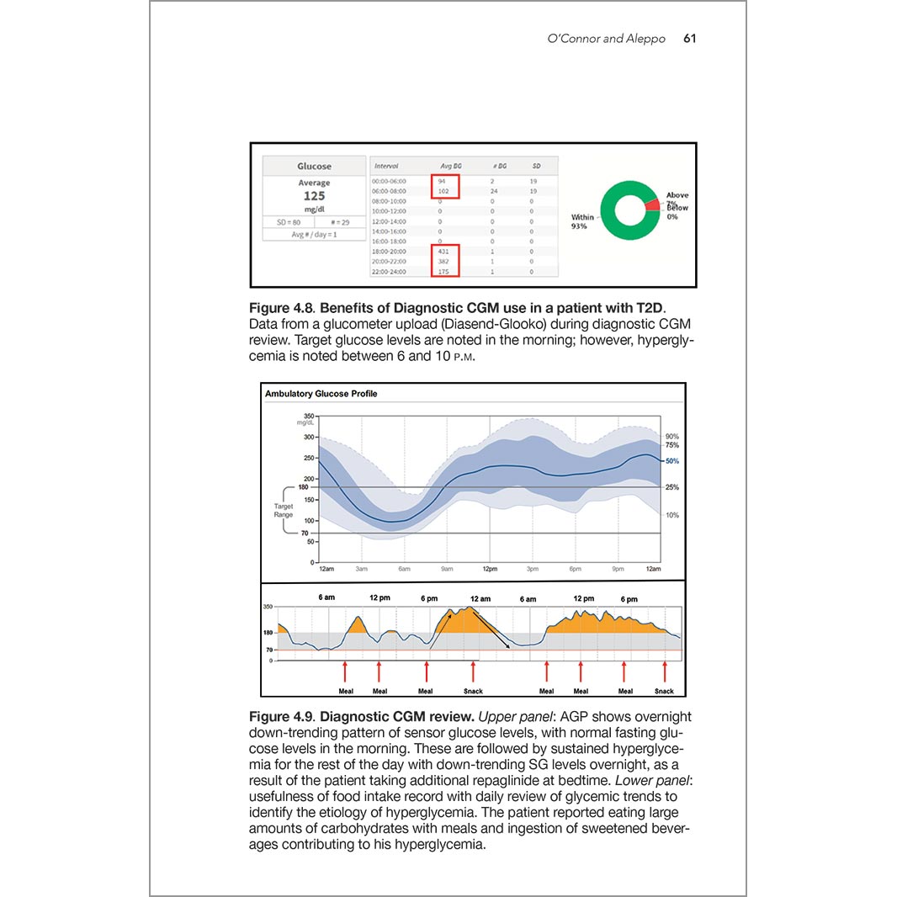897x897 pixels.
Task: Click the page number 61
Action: pyautogui.click(x=689, y=39)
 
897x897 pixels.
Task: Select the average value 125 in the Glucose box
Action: pyautogui.click(x=314, y=196)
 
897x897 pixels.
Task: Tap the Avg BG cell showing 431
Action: pyautogui.click(x=444, y=252)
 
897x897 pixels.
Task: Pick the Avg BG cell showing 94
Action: pyautogui.click(x=442, y=181)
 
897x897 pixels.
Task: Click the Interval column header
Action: pyautogui.click(x=385, y=166)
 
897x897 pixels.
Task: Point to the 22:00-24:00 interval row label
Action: pyautogui.click(x=389, y=272)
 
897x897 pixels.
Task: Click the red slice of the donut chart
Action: pyautogui.click(x=652, y=204)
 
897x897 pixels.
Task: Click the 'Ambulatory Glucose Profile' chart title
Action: pyautogui.click(x=321, y=394)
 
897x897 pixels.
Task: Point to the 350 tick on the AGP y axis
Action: pyautogui.click(x=309, y=417)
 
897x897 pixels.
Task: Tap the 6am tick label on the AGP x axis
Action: pyautogui.click(x=404, y=570)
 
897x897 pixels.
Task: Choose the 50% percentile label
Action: pyautogui.click(x=671, y=461)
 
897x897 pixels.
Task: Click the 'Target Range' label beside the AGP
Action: pyautogui.click(x=284, y=510)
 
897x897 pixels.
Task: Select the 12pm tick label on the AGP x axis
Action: pyautogui.click(x=490, y=570)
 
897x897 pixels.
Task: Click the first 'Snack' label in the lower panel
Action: pyautogui.click(x=474, y=692)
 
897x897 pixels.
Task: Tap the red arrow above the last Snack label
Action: pyautogui.click(x=665, y=672)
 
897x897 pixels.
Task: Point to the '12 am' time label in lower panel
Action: pyautogui.click(x=480, y=598)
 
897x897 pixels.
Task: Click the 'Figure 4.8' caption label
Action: pyautogui.click(x=281, y=309)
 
